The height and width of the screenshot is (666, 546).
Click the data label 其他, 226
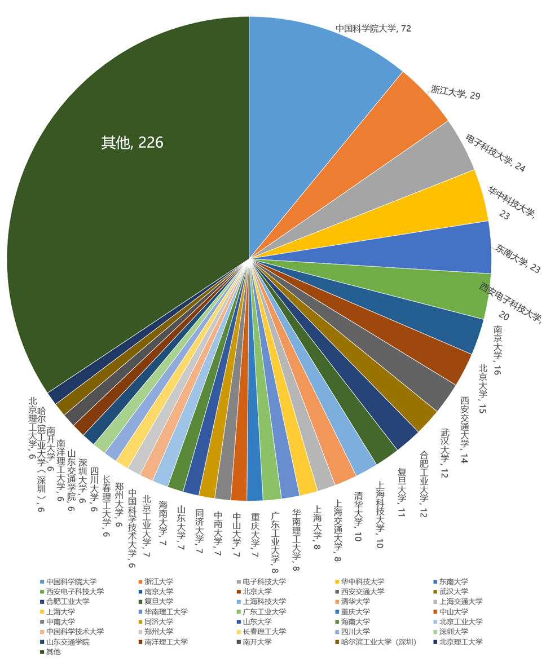click(x=132, y=143)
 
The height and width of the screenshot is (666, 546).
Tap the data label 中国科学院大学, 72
click(x=373, y=28)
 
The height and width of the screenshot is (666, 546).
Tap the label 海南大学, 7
click(x=163, y=521)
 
